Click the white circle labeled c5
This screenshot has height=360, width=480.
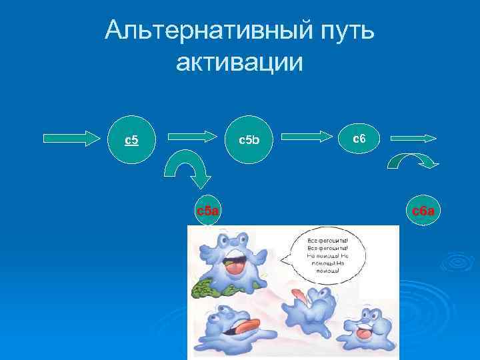tap(132, 140)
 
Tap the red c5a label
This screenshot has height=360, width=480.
tap(208, 211)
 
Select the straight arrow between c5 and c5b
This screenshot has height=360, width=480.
tap(193, 137)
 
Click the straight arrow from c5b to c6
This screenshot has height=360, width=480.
tap(307, 137)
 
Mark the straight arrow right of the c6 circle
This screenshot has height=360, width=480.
tap(413, 138)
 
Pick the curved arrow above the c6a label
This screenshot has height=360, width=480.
tap(414, 161)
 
